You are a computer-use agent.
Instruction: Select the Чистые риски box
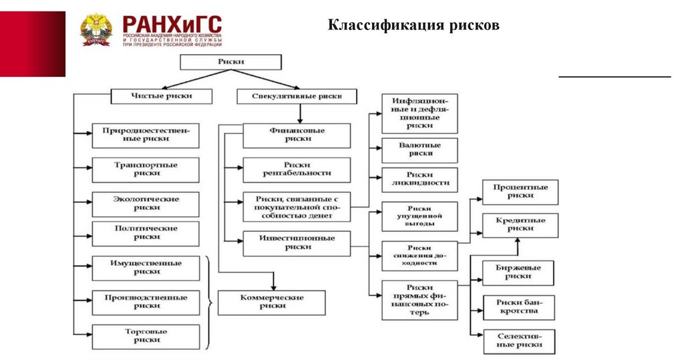coord(160,96)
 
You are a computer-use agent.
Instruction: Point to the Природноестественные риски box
coord(146,136)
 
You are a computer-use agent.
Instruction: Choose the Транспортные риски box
coord(146,170)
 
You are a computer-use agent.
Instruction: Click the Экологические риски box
coord(146,204)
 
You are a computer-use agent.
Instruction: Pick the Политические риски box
coord(146,233)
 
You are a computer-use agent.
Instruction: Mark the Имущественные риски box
coord(146,268)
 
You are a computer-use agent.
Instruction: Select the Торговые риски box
coord(146,336)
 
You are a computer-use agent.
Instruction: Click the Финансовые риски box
coord(297,136)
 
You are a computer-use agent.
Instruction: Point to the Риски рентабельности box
coord(297,170)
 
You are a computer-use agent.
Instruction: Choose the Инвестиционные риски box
coord(297,243)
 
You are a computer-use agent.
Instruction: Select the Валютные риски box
coord(419,150)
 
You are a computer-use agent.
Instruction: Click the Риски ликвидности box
coord(419,180)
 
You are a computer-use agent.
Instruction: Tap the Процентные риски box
coord(520,192)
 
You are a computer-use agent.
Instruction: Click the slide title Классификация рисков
coord(413,26)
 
